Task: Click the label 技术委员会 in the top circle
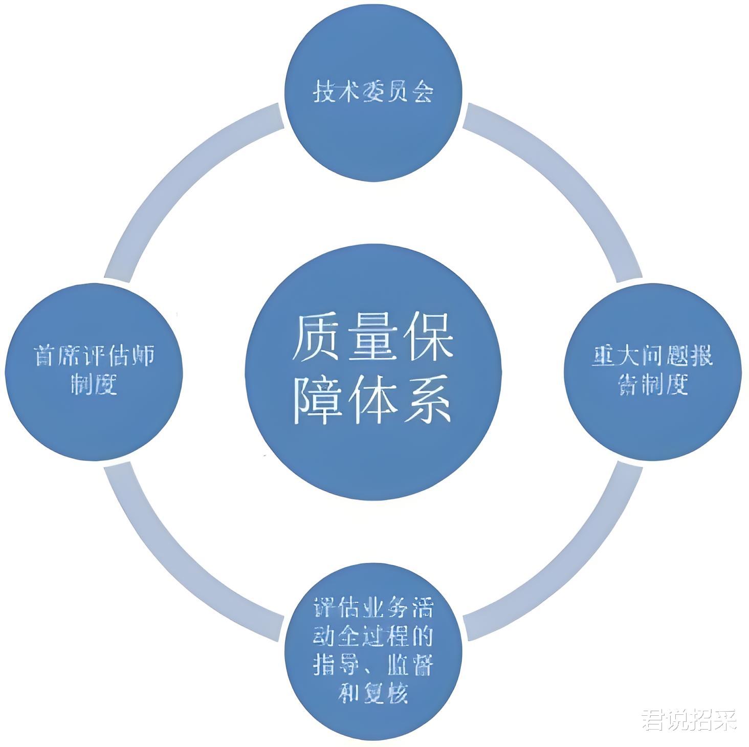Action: tap(373, 93)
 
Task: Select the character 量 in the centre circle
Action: tap(373, 339)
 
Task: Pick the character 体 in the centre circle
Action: tap(373, 400)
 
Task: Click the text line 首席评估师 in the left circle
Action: tap(94, 356)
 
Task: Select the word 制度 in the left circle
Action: tap(94, 384)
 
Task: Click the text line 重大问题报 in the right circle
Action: tap(652, 356)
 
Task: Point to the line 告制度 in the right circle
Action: tap(652, 384)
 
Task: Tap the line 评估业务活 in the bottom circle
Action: tap(373, 609)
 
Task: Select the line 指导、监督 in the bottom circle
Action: tap(373, 665)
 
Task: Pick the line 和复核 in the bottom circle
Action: tap(373, 693)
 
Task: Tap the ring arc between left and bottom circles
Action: tap(179, 563)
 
